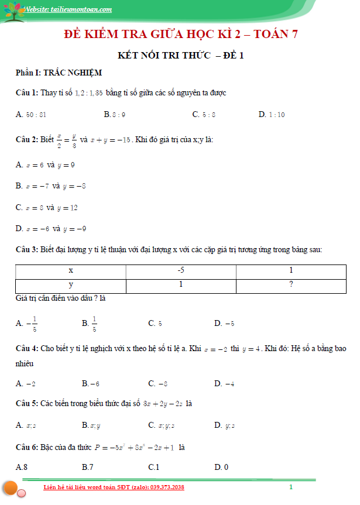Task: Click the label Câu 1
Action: (x=27, y=93)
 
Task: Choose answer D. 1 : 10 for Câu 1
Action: (x=272, y=115)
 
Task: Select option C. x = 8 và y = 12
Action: (x=47, y=208)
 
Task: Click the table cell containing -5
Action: (x=181, y=271)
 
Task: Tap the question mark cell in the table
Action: (x=291, y=285)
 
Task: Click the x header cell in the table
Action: (x=71, y=271)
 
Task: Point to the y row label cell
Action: (x=71, y=285)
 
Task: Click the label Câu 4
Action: (x=27, y=348)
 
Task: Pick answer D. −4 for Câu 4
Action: (x=224, y=384)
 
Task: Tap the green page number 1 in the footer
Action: (x=290, y=487)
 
